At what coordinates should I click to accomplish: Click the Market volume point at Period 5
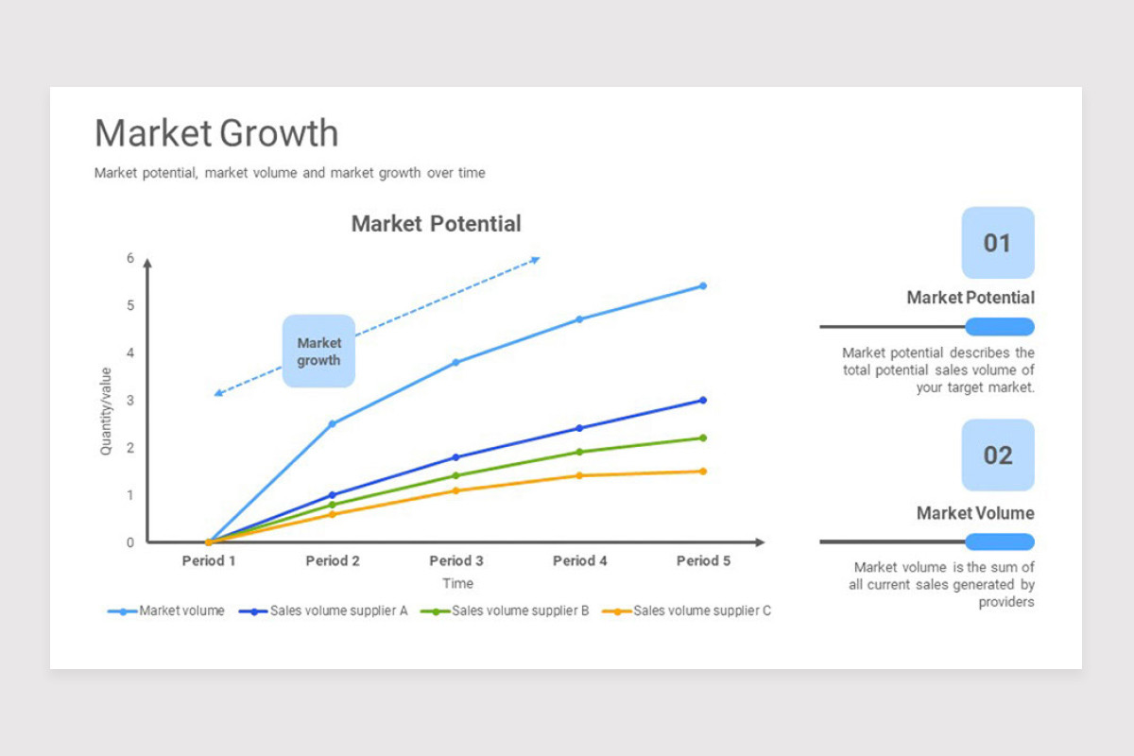703,286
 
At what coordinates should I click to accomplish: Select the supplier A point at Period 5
703,400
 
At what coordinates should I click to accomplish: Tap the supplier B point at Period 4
579,452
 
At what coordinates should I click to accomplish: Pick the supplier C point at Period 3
456,490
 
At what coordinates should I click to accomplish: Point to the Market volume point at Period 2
333,423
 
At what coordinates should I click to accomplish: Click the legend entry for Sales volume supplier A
323,610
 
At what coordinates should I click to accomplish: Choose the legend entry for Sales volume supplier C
686,610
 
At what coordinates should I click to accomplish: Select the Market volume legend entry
166,610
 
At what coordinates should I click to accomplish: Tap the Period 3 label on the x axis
456,560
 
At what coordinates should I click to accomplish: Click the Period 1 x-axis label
209,560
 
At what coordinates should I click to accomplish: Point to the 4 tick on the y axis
130,352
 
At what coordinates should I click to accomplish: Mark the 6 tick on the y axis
130,258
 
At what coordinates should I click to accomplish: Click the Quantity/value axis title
105,411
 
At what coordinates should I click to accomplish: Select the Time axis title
457,583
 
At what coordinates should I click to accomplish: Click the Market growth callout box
319,351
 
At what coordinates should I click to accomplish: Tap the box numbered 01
998,243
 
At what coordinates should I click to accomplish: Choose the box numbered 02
998,455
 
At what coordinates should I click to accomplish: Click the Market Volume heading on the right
975,513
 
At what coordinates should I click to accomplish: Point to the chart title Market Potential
436,223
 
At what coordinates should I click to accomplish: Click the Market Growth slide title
216,132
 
